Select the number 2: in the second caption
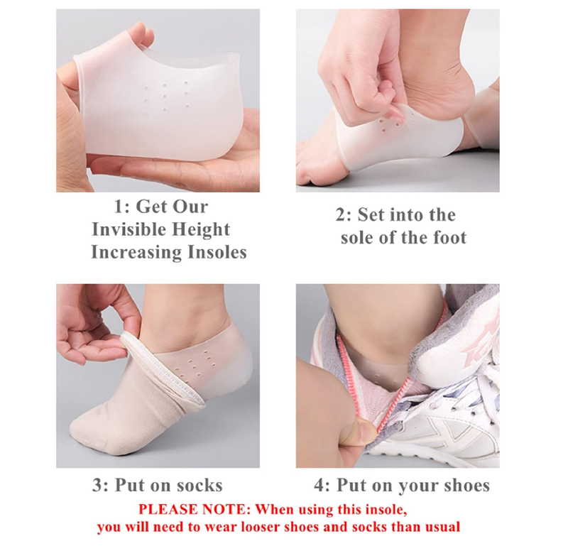pyautogui.click(x=344, y=214)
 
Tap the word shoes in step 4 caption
pyautogui.click(x=464, y=486)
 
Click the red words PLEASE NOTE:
pyautogui.click(x=194, y=509)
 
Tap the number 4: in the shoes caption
pyautogui.click(x=322, y=486)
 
